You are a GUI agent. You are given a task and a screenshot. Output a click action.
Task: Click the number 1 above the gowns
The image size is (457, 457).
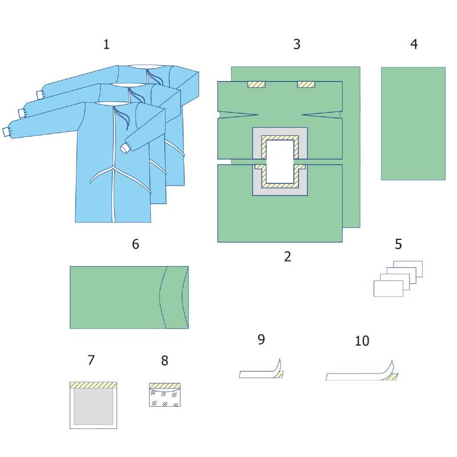106,45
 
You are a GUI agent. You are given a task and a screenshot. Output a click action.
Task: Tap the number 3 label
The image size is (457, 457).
296,44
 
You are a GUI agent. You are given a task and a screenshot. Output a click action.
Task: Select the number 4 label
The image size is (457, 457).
414,44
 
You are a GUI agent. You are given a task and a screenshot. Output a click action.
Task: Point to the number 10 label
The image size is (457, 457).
362,340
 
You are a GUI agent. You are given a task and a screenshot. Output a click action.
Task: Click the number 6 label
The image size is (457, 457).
135,244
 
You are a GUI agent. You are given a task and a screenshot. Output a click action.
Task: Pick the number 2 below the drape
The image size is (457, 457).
287,256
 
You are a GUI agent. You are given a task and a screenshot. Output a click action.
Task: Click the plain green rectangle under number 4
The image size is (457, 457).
413,123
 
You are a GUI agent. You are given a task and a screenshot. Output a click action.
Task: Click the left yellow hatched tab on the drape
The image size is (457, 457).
256,85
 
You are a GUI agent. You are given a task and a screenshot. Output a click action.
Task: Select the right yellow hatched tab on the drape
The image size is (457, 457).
306,85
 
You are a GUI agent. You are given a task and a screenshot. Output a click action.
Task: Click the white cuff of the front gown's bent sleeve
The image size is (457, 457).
126,148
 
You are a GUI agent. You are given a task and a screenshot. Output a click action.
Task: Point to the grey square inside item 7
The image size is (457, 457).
93,407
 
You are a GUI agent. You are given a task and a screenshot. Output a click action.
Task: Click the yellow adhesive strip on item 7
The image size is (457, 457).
93,385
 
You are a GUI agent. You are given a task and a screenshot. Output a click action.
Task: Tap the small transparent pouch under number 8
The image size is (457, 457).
165,395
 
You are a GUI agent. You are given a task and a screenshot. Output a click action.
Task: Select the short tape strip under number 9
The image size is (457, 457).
262,368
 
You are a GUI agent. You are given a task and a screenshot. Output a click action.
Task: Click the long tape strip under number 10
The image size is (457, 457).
362,371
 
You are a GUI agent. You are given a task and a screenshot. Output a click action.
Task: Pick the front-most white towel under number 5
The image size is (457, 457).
388,288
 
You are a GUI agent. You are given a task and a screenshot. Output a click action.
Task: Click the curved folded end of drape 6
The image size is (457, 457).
174,297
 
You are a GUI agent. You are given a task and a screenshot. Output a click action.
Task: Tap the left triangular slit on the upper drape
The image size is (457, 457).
238,115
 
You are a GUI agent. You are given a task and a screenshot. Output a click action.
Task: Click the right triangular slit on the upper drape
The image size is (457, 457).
322,115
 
